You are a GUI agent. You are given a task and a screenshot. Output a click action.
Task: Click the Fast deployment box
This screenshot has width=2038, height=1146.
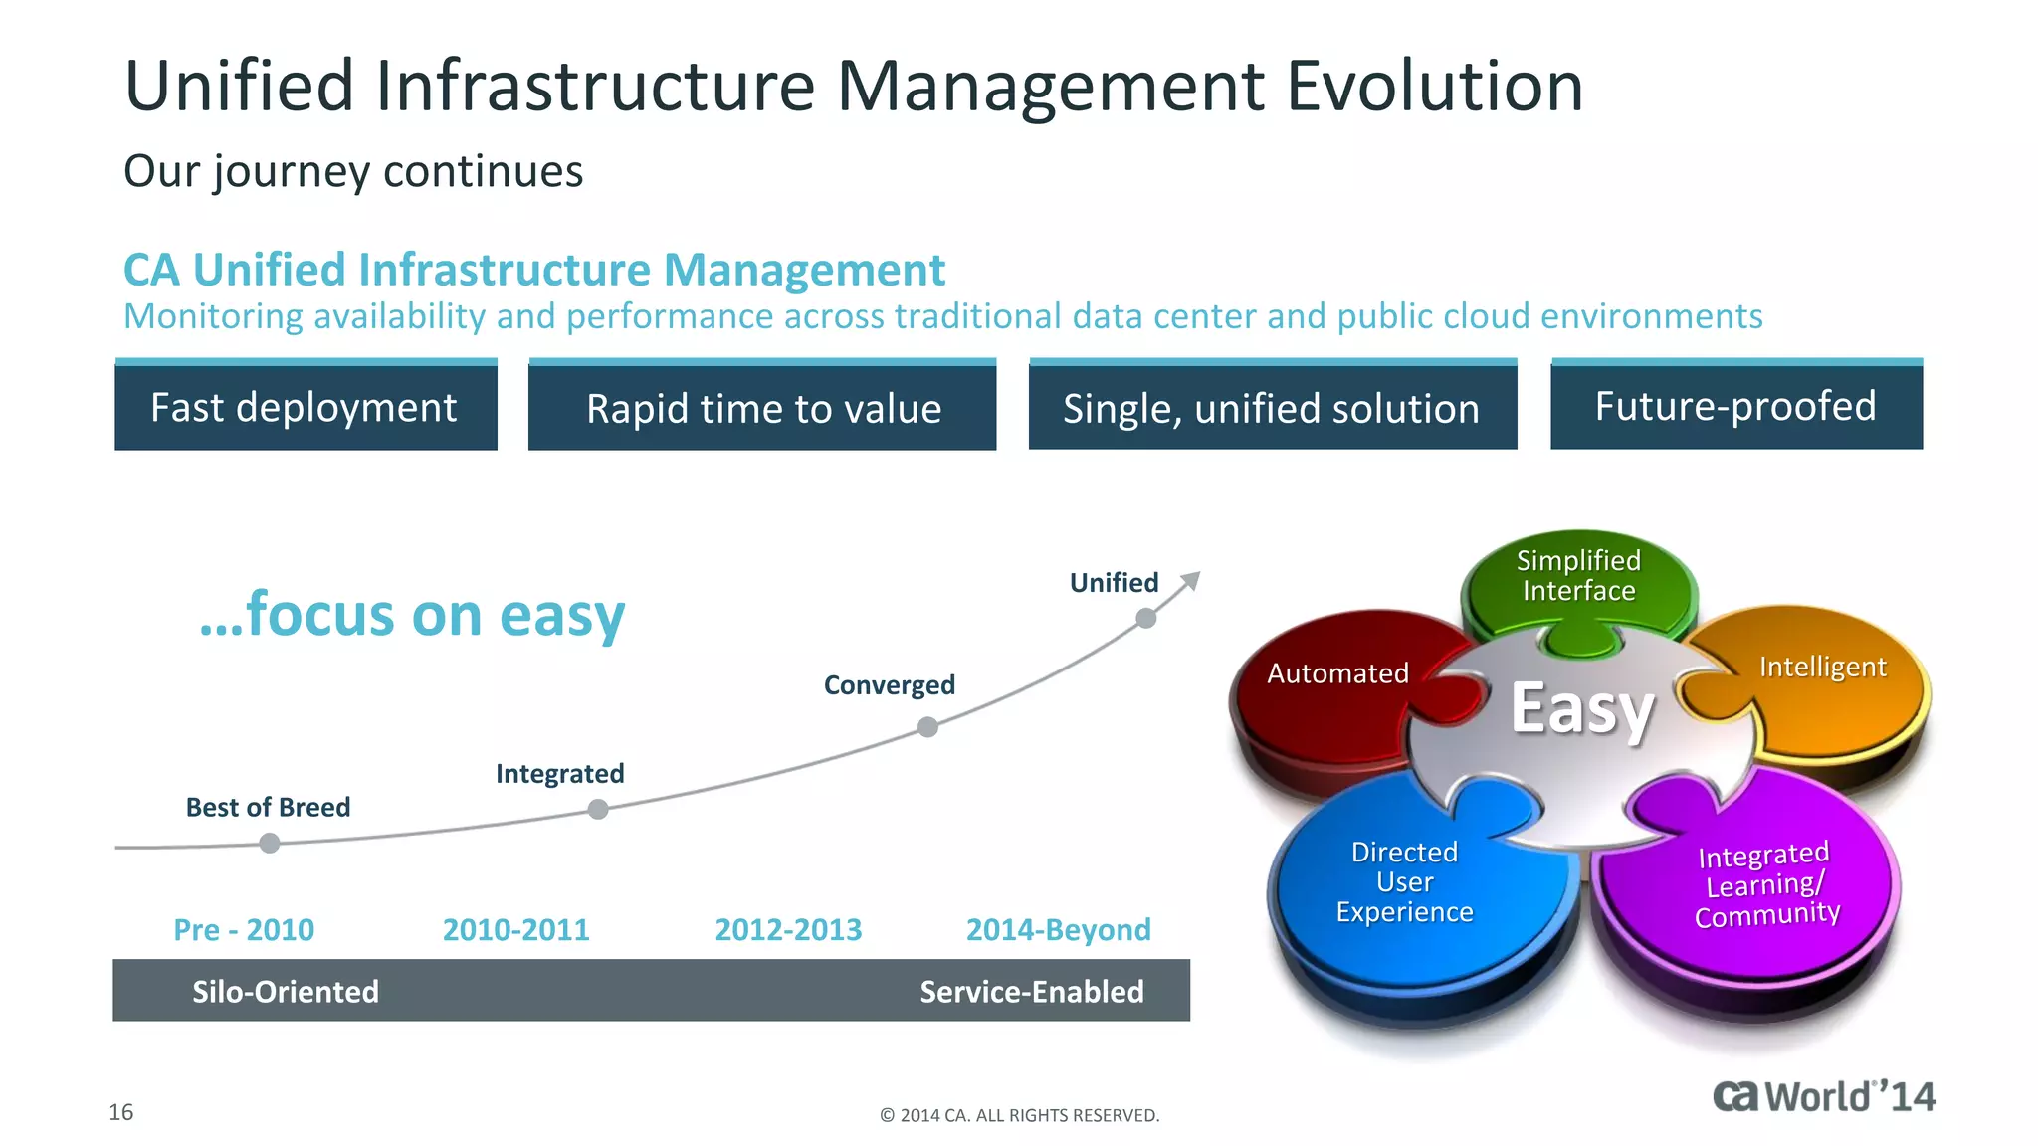tap(306, 407)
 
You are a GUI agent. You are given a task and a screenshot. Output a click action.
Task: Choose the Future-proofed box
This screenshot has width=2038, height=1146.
tap(1735, 406)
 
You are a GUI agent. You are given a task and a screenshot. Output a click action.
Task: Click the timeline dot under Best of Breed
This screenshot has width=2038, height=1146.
tap(269, 844)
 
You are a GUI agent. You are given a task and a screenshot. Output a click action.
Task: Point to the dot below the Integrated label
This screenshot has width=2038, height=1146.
tap(598, 809)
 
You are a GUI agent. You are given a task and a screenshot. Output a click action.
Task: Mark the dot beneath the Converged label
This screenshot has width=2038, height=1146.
tap(927, 727)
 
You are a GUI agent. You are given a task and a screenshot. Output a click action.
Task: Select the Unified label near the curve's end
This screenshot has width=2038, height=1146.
tap(1114, 582)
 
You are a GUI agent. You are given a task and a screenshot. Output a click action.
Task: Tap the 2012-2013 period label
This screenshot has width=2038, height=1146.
tap(788, 929)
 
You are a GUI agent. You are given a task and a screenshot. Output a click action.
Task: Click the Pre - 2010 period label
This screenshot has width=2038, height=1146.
tap(244, 929)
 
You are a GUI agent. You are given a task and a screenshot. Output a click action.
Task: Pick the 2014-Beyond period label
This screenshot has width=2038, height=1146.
tap(1058, 929)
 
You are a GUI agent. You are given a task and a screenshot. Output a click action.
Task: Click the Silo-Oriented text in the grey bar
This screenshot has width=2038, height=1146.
tap(286, 991)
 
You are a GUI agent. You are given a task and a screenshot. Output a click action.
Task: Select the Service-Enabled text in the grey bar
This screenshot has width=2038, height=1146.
tap(1031, 991)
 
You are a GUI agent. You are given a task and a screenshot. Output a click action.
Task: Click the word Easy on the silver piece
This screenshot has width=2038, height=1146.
tap(1582, 708)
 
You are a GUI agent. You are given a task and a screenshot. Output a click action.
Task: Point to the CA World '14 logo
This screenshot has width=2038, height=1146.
tap(1823, 1096)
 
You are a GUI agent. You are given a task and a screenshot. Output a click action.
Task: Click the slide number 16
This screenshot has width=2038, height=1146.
tap(121, 1112)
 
